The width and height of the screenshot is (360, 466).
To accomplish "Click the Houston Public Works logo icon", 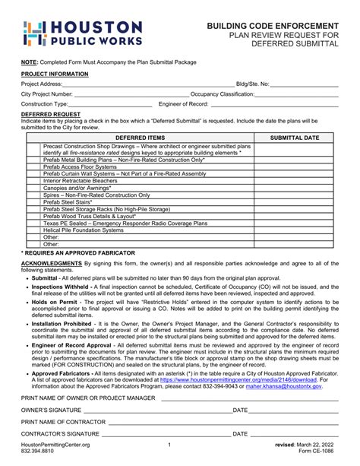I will [35, 33].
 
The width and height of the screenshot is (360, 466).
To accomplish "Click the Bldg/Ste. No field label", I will [252, 84].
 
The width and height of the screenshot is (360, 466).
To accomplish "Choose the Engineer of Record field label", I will [183, 103].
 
